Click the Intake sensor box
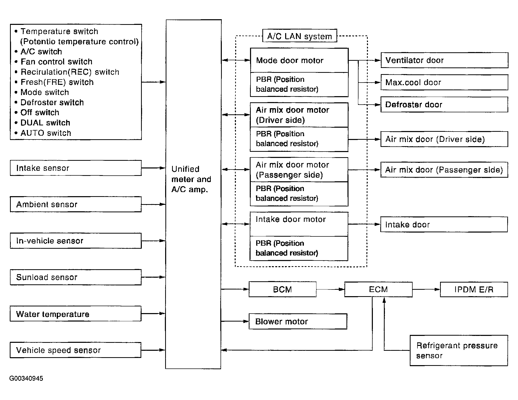click(76, 168)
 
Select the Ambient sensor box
click(76, 204)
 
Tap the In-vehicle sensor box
click(76, 241)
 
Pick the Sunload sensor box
click(76, 277)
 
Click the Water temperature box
click(76, 314)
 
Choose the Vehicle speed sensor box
click(76, 350)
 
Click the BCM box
click(282, 289)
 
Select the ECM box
click(378, 289)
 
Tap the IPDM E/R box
click(474, 289)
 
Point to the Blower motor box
click(298, 321)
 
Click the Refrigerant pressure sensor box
click(459, 351)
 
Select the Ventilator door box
click(444, 60)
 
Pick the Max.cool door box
click(444, 82)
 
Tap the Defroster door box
click(444, 105)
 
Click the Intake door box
click(444, 224)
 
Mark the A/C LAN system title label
click(300, 36)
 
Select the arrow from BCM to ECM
click(330, 289)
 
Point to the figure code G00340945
click(26, 378)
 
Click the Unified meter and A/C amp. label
click(191, 179)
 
